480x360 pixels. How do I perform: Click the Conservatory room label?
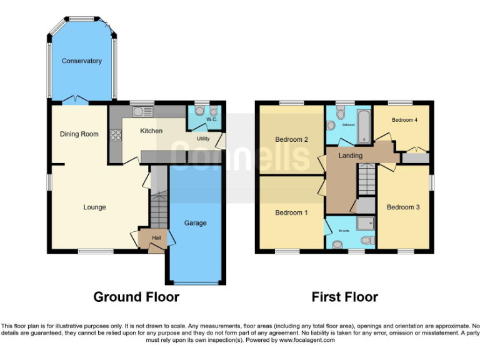coord(81,61)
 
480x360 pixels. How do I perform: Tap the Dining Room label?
coord(79,134)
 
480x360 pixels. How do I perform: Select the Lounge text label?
coord(95,207)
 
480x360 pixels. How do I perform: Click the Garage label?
coord(195,223)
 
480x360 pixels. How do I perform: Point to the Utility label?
coord(203,139)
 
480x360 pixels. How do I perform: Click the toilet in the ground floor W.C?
coord(200,111)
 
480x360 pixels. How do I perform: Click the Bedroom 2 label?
coord(292,140)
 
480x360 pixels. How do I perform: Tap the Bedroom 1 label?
coord(291,213)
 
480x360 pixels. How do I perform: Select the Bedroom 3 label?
coord(403,207)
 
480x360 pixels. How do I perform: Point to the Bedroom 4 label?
coord(404,120)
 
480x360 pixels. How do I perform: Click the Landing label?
coord(350,155)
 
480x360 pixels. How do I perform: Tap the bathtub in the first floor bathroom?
coord(364,124)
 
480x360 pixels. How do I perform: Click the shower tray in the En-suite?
coord(364,222)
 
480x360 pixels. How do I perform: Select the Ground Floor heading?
coord(136,297)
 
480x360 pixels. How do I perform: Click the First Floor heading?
coord(345,297)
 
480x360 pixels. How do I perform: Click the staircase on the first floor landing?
coord(365,181)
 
